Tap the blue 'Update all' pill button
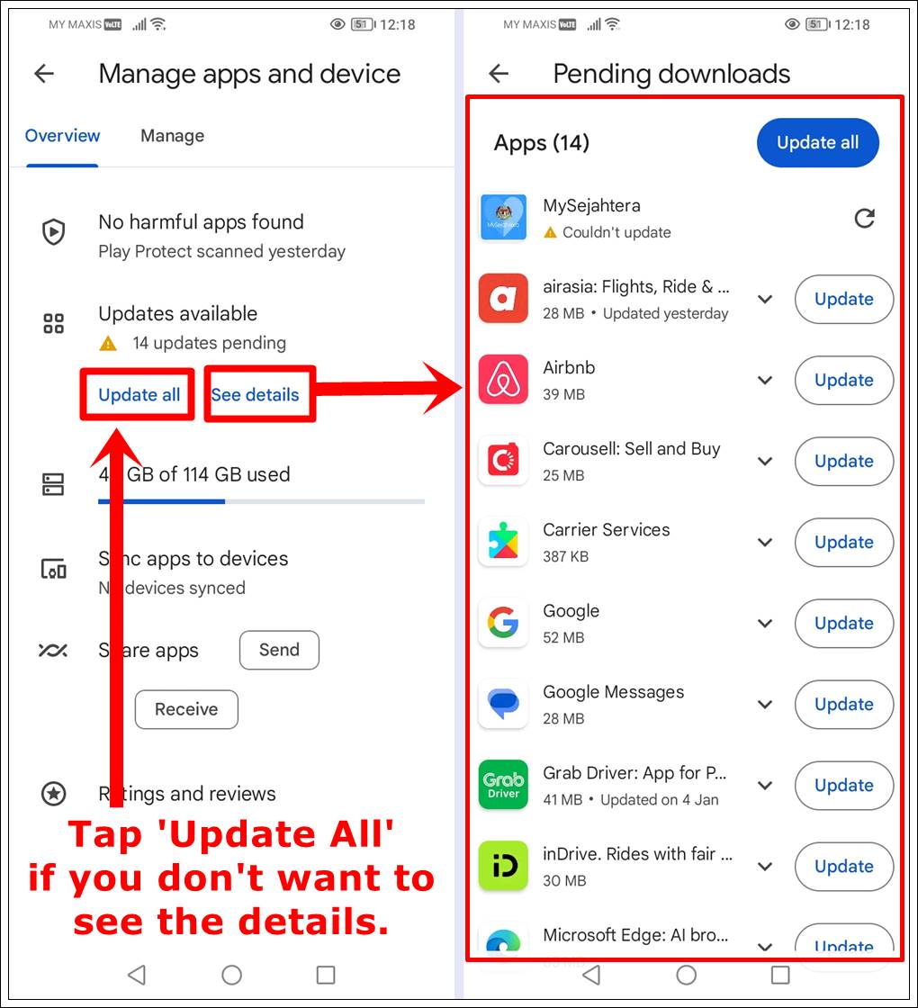click(817, 142)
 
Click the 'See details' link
click(255, 394)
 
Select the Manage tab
click(172, 136)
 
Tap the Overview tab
click(62, 136)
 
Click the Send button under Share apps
click(279, 650)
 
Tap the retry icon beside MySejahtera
click(864, 218)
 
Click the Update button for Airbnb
click(843, 380)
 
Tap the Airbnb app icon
click(503, 379)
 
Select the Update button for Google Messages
click(843, 704)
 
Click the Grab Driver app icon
click(503, 784)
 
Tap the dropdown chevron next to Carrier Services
click(765, 542)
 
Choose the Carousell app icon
click(503, 460)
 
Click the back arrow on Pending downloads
click(499, 74)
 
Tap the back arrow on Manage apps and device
click(44, 74)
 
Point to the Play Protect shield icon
click(54, 232)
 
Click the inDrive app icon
click(503, 865)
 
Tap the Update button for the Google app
click(843, 623)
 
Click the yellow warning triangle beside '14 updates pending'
click(108, 343)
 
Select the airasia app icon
click(503, 298)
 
